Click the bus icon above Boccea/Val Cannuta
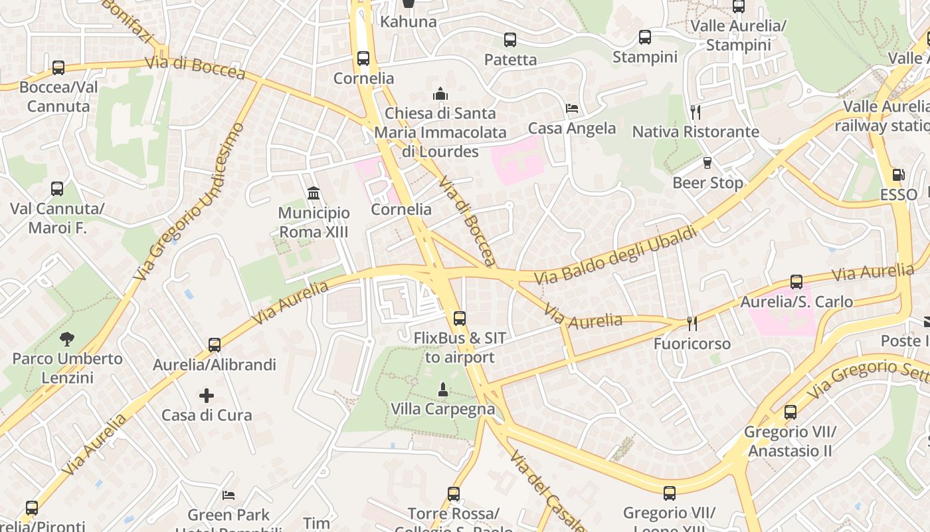click(58, 67)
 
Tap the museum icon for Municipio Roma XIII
click(314, 193)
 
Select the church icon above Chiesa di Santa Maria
click(440, 94)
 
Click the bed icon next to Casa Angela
click(572, 108)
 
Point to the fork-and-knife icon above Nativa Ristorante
click(695, 112)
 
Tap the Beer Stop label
click(707, 182)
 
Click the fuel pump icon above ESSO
click(898, 175)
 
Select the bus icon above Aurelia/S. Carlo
click(796, 282)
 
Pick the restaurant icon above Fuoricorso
click(692, 324)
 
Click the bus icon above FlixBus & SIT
click(459, 319)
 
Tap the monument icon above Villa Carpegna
click(442, 388)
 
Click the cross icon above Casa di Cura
click(207, 396)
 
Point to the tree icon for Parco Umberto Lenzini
click(66, 338)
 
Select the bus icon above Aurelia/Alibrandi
click(214, 344)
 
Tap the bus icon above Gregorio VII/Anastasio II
click(790, 412)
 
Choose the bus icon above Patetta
click(510, 40)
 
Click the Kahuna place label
click(409, 21)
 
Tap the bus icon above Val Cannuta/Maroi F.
click(57, 189)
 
